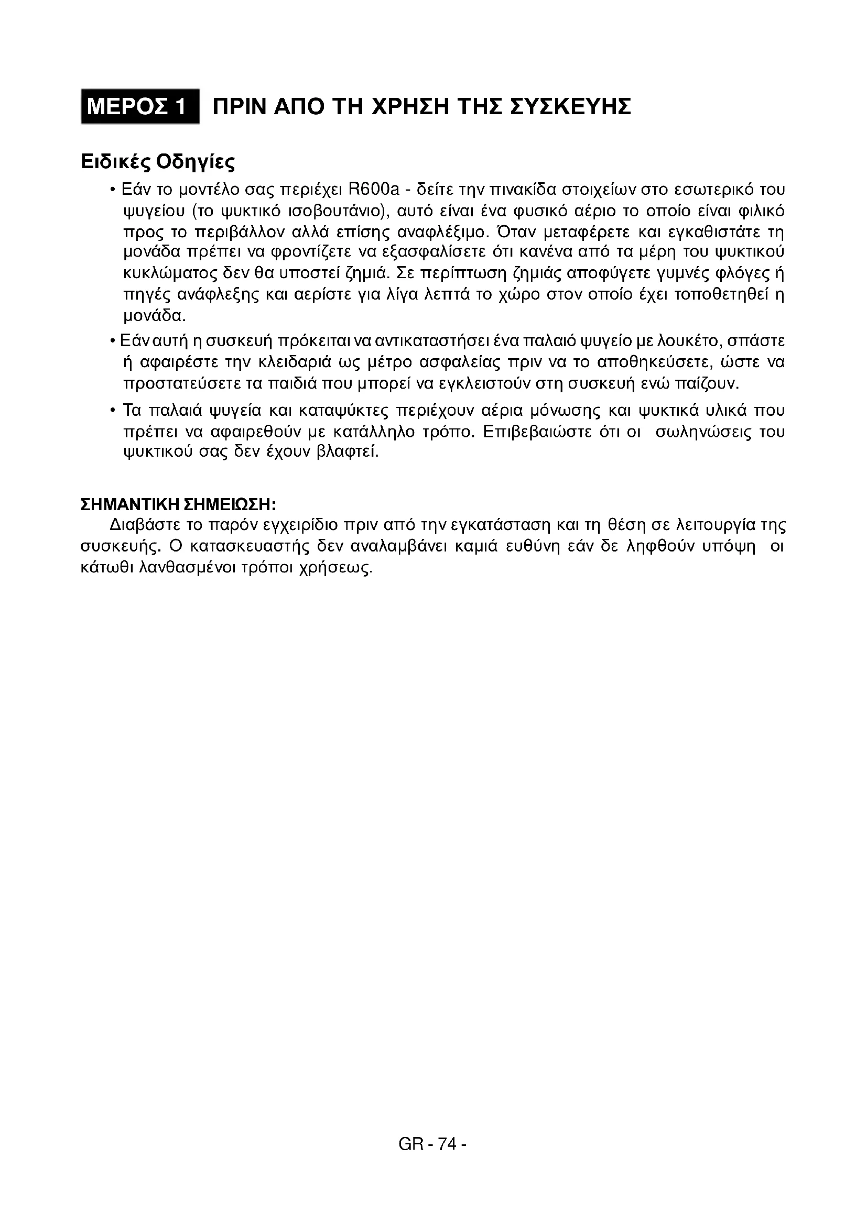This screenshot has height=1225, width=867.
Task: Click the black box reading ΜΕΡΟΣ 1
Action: pyautogui.click(x=140, y=107)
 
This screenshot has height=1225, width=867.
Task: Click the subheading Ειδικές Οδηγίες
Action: pyautogui.click(x=157, y=161)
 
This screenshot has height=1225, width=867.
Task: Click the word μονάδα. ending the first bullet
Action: pyautogui.click(x=155, y=316)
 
